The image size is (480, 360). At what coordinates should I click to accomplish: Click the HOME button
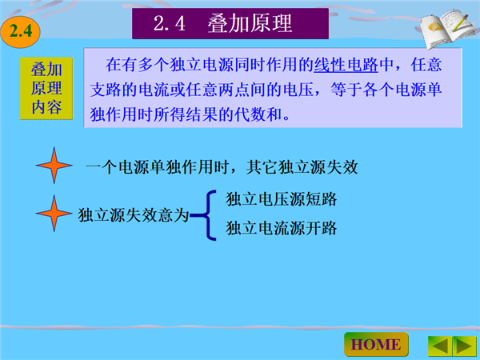pyautogui.click(x=376, y=345)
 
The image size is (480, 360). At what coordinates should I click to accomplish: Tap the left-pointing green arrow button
pyautogui.click(x=440, y=346)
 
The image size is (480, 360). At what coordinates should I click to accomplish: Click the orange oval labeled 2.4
pyautogui.click(x=21, y=31)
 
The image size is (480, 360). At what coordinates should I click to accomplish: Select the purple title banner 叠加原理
pyautogui.click(x=230, y=23)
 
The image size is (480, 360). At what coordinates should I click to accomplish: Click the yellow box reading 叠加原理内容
pyautogui.click(x=46, y=88)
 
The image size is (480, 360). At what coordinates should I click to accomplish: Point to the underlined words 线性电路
pyautogui.click(x=346, y=65)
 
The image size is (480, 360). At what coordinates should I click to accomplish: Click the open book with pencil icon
pyautogui.click(x=447, y=28)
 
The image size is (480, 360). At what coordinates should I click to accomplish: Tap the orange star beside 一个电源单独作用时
pyautogui.click(x=54, y=166)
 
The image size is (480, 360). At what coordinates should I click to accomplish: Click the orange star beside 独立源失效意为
pyautogui.click(x=54, y=214)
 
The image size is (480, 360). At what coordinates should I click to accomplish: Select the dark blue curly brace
pyautogui.click(x=207, y=215)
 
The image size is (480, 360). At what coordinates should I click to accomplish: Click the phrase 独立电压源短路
pyautogui.click(x=282, y=199)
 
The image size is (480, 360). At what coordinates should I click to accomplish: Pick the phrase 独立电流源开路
pyautogui.click(x=282, y=228)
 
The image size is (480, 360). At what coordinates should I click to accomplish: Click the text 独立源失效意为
pyautogui.click(x=134, y=215)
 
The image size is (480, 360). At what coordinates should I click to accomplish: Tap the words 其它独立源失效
pyautogui.click(x=302, y=167)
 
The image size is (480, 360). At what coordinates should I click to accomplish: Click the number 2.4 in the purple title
pyautogui.click(x=170, y=23)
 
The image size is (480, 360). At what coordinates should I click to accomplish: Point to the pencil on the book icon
pyautogui.click(x=461, y=22)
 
